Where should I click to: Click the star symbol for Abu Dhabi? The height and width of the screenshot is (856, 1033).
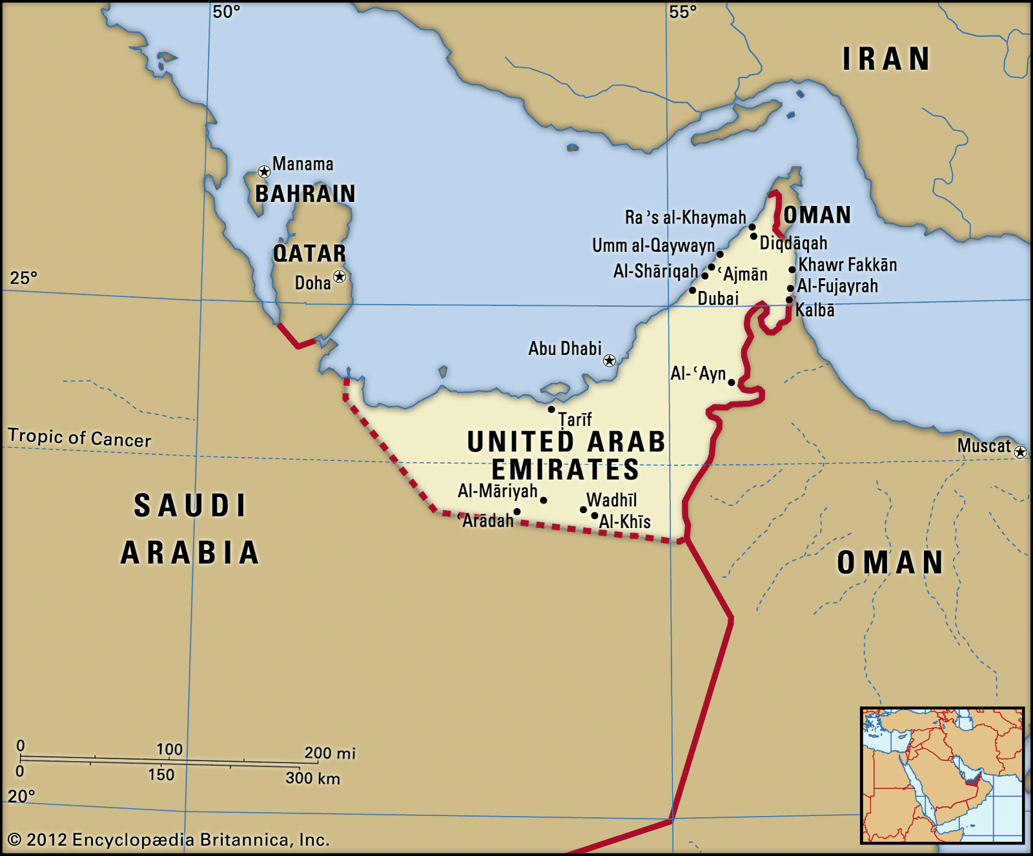point(609,360)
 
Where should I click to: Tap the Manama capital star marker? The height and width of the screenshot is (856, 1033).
point(264,172)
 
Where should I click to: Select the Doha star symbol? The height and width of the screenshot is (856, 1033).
point(340,277)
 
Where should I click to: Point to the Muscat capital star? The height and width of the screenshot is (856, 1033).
point(1020,452)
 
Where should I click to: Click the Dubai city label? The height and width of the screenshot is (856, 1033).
point(718,298)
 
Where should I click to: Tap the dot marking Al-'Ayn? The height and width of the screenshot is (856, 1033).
point(731,382)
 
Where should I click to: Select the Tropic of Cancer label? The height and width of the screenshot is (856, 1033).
point(79,438)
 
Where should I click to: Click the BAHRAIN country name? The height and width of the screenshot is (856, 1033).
point(305,194)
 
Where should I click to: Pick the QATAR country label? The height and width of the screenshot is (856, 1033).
point(310,253)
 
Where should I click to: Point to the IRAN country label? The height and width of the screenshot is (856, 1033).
point(886,59)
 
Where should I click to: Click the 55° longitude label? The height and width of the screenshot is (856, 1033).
point(683,12)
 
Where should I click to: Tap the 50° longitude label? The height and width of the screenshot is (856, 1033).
point(227,12)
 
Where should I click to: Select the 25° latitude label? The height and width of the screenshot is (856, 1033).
point(23,278)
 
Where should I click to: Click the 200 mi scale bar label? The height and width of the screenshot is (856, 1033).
point(330,753)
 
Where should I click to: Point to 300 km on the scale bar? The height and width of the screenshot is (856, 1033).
point(312,778)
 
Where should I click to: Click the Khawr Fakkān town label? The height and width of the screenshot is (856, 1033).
point(848,265)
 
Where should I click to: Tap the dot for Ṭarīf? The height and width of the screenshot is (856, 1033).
point(551,409)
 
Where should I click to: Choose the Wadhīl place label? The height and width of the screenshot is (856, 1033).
point(611,500)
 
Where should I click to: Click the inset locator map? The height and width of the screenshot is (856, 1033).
point(942,775)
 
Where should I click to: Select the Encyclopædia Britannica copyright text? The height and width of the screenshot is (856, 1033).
point(169,839)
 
